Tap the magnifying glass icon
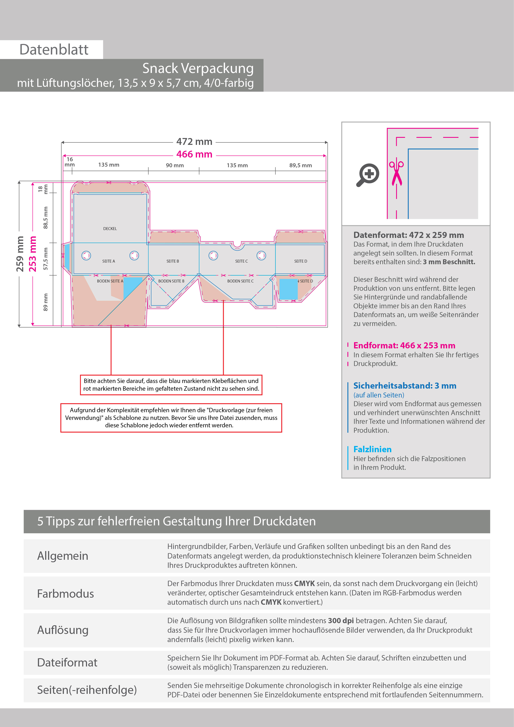tap(368, 174)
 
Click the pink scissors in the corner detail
tap(396, 173)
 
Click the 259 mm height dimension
tap(20, 254)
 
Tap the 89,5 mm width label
tap(300, 165)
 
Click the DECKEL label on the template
tap(110, 229)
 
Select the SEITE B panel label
tap(173, 261)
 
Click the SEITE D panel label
tap(300, 261)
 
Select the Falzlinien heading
tap(372, 449)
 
